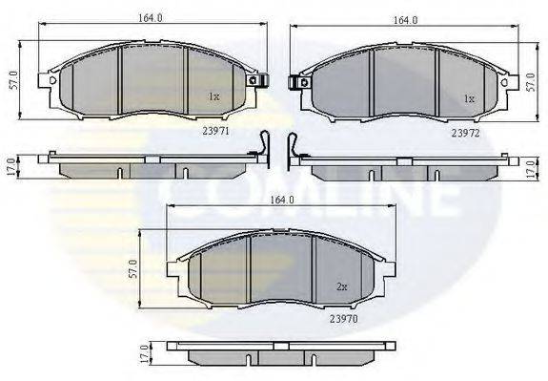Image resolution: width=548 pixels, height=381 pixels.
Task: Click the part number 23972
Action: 465,135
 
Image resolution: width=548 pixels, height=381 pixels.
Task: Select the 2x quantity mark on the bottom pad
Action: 344,286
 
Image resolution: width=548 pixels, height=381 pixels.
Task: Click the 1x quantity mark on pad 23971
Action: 215,97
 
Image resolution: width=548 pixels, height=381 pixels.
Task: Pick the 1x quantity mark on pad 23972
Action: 468,98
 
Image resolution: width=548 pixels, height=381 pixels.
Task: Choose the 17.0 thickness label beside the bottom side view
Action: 144,352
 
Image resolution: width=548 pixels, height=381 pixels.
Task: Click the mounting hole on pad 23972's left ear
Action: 304,83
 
